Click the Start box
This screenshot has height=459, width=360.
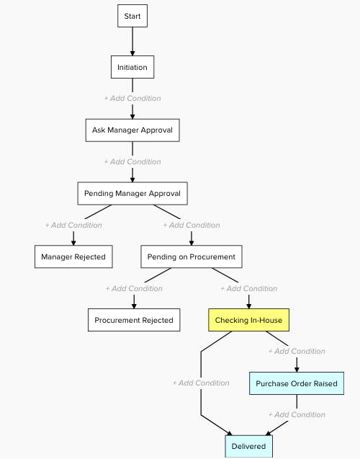pyautogui.click(x=132, y=16)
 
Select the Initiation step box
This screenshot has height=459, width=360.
pyautogui.click(x=132, y=67)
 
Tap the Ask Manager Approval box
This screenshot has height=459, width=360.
pyautogui.click(x=132, y=130)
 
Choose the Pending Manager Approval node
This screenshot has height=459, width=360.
pyautogui.click(x=132, y=193)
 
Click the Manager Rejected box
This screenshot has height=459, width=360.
pyautogui.click(x=73, y=257)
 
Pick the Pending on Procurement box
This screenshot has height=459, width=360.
pyautogui.click(x=191, y=257)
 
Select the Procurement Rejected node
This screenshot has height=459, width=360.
pyautogui.click(x=133, y=320)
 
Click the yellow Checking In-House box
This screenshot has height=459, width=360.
pyautogui.click(x=248, y=320)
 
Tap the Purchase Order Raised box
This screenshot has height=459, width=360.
pyautogui.click(x=296, y=383)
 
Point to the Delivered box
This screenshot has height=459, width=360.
pyautogui.click(x=248, y=446)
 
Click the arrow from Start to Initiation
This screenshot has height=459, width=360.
pyautogui.click(x=132, y=42)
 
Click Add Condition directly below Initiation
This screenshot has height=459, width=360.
pyautogui.click(x=132, y=98)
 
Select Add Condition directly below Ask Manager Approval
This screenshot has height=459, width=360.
pyautogui.click(x=132, y=161)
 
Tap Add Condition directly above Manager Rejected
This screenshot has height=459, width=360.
pyautogui.click(x=73, y=225)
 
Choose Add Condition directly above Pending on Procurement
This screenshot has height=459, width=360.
pyautogui.click(x=192, y=225)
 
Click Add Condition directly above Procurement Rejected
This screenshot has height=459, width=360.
pyautogui.click(x=134, y=288)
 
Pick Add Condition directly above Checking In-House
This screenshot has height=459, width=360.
pyautogui.click(x=249, y=288)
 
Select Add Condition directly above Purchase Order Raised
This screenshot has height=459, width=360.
pyautogui.click(x=297, y=352)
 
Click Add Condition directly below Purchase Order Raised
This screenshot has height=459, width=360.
pyautogui.click(x=297, y=414)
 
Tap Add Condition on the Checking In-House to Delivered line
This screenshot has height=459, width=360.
pyautogui.click(x=201, y=383)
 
